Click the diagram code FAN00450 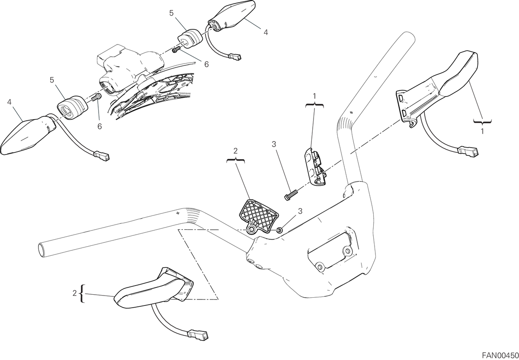(x=500, y=355)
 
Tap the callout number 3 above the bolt (x=274, y=144)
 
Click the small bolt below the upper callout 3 (x=291, y=195)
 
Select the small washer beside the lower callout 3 (x=280, y=230)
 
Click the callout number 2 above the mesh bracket (x=235, y=151)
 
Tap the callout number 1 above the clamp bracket (x=314, y=96)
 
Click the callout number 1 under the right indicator (x=482, y=131)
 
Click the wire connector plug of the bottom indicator (x=198, y=335)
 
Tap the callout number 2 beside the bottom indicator (x=74, y=293)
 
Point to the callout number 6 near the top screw (x=206, y=64)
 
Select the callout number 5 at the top (x=171, y=13)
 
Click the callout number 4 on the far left (x=9, y=102)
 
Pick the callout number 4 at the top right (x=266, y=32)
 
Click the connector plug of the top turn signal (x=235, y=57)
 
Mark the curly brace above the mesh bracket (x=235, y=161)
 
